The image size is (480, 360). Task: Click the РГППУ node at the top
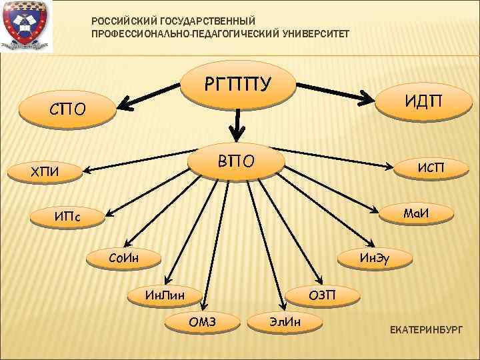[x=238, y=85]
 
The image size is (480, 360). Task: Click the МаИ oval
[x=413, y=213]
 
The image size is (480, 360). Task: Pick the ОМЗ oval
[x=203, y=323]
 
